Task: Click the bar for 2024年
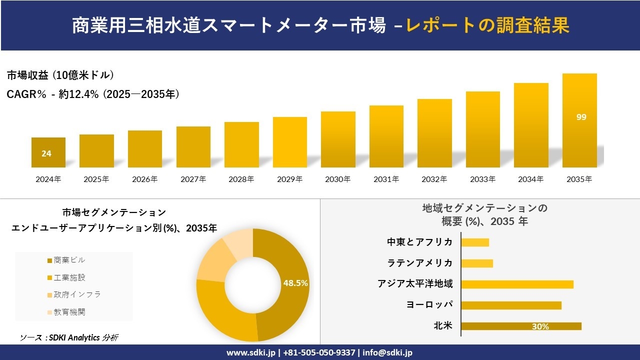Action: [48, 152]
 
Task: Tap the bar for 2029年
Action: [290, 142]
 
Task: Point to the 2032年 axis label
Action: [434, 179]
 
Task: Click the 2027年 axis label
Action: [193, 179]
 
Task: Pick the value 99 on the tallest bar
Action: [581, 117]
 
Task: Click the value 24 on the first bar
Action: [46, 153]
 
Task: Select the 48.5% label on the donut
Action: [295, 283]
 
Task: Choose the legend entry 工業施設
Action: [66, 277]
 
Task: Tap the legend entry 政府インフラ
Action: [74, 294]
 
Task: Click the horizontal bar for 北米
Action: [521, 326]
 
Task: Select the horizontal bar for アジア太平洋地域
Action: [517, 284]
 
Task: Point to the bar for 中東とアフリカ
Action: [475, 242]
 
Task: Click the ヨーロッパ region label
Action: [429, 305]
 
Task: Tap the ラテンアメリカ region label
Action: [420, 263]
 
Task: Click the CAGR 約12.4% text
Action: [93, 94]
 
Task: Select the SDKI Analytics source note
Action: [69, 337]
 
